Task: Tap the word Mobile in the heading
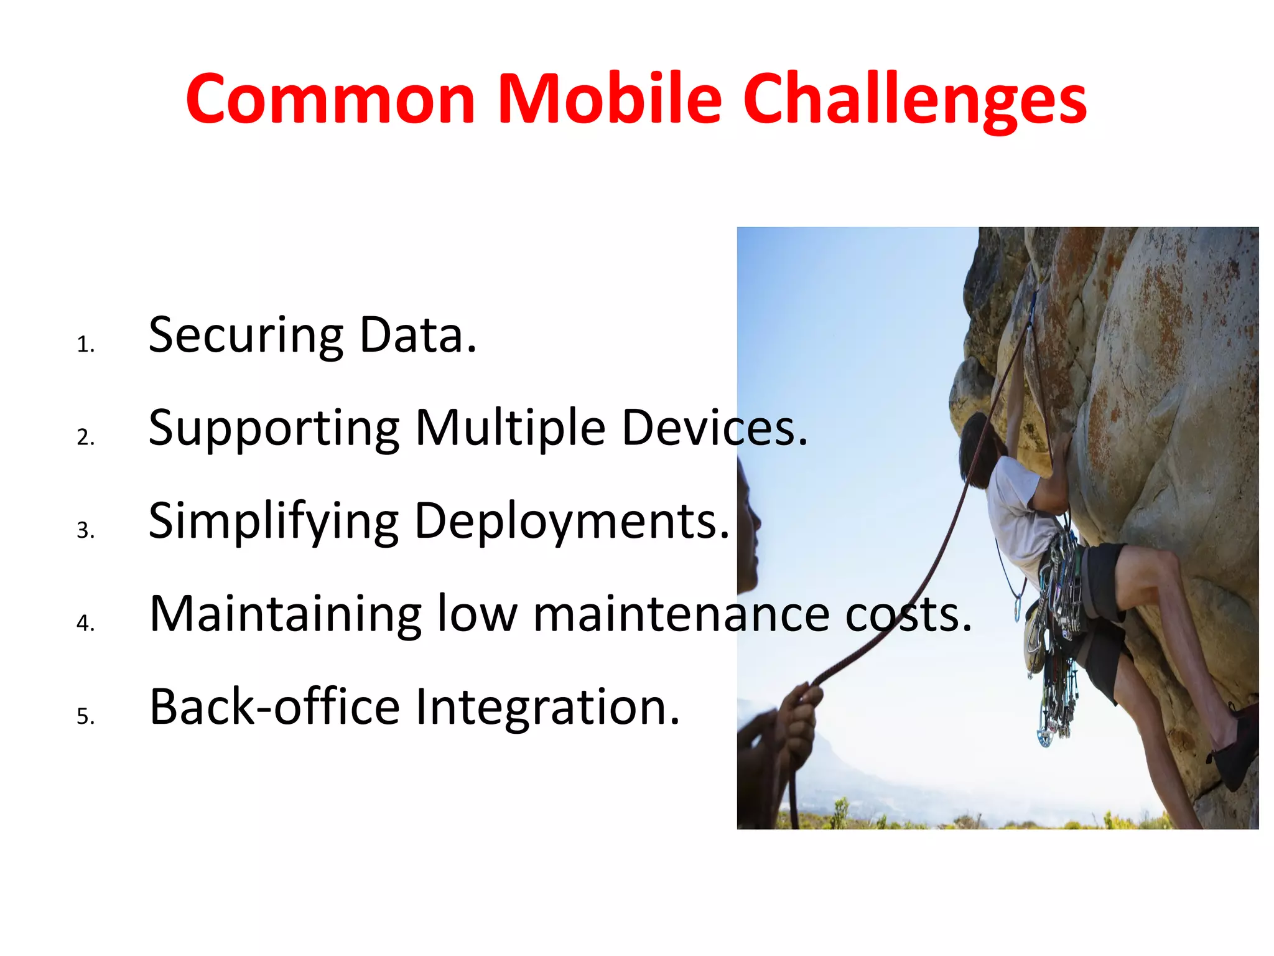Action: click(610, 100)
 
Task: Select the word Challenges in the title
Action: click(914, 103)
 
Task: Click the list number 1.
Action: click(85, 345)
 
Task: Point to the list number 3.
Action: click(85, 530)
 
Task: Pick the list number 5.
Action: click(85, 716)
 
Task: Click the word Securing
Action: click(246, 336)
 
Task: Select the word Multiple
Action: click(510, 429)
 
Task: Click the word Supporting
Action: click(274, 429)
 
